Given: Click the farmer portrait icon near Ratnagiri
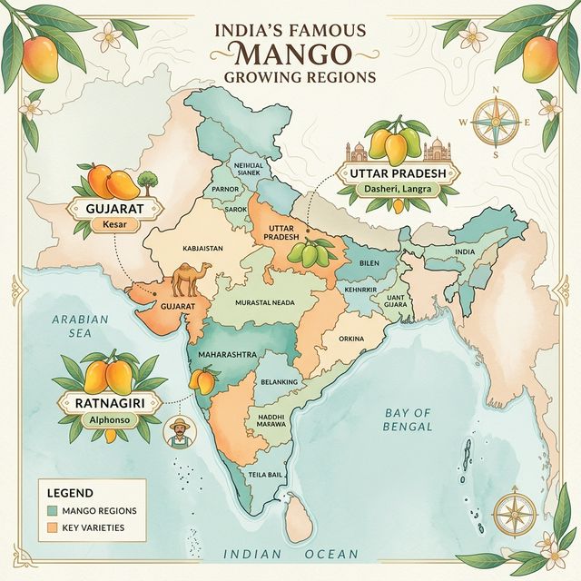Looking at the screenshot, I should pyautogui.click(x=178, y=432).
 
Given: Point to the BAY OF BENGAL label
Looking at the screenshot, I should pyautogui.click(x=408, y=419).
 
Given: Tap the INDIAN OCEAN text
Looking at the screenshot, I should pyautogui.click(x=290, y=554).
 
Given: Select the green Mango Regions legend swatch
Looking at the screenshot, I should pyautogui.click(x=54, y=512).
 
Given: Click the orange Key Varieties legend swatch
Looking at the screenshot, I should pyautogui.click(x=54, y=527).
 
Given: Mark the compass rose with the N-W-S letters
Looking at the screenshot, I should pyautogui.click(x=495, y=122).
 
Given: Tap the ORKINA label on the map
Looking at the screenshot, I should pyautogui.click(x=350, y=340).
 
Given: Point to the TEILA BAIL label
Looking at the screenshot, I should pyautogui.click(x=267, y=475).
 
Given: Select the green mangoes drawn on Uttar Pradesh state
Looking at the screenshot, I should pyautogui.click(x=306, y=253).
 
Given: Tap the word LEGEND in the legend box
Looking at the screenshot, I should pyautogui.click(x=71, y=493).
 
